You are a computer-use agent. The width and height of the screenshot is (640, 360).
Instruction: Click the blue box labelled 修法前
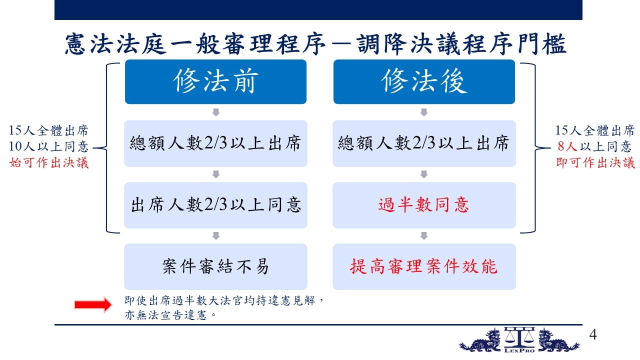[x=215, y=81]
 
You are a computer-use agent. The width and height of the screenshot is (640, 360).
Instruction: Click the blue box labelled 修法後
[x=424, y=81]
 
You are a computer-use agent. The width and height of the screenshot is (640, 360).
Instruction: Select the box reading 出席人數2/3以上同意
[x=215, y=205]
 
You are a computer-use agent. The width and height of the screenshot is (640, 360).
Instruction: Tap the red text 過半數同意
[x=423, y=205]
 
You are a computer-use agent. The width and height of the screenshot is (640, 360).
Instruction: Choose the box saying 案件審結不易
[x=215, y=266]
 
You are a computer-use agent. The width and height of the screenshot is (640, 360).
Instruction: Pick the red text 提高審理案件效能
[x=423, y=266]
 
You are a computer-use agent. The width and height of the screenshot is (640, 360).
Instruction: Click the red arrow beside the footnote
[x=93, y=305]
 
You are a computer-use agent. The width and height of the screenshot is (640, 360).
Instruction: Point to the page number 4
[x=593, y=334]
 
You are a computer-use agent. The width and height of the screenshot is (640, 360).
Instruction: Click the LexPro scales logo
[x=519, y=340]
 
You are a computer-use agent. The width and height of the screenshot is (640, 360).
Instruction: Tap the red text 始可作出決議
[x=49, y=163]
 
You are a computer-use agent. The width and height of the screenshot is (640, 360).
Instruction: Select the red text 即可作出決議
[x=595, y=163]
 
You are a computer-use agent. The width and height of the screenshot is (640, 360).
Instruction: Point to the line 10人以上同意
[x=49, y=146]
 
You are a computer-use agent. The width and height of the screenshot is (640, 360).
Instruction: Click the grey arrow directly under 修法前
[x=216, y=112]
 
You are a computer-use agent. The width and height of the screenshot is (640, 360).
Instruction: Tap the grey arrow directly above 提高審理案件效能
[x=424, y=235]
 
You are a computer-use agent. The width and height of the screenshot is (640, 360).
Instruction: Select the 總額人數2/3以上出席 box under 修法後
[x=424, y=143]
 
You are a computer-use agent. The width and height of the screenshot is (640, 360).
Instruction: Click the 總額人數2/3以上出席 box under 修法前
[x=215, y=143]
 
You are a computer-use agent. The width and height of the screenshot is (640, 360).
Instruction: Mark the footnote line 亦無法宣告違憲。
[x=170, y=315]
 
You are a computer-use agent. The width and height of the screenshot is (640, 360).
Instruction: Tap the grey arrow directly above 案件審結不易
[x=216, y=235]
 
